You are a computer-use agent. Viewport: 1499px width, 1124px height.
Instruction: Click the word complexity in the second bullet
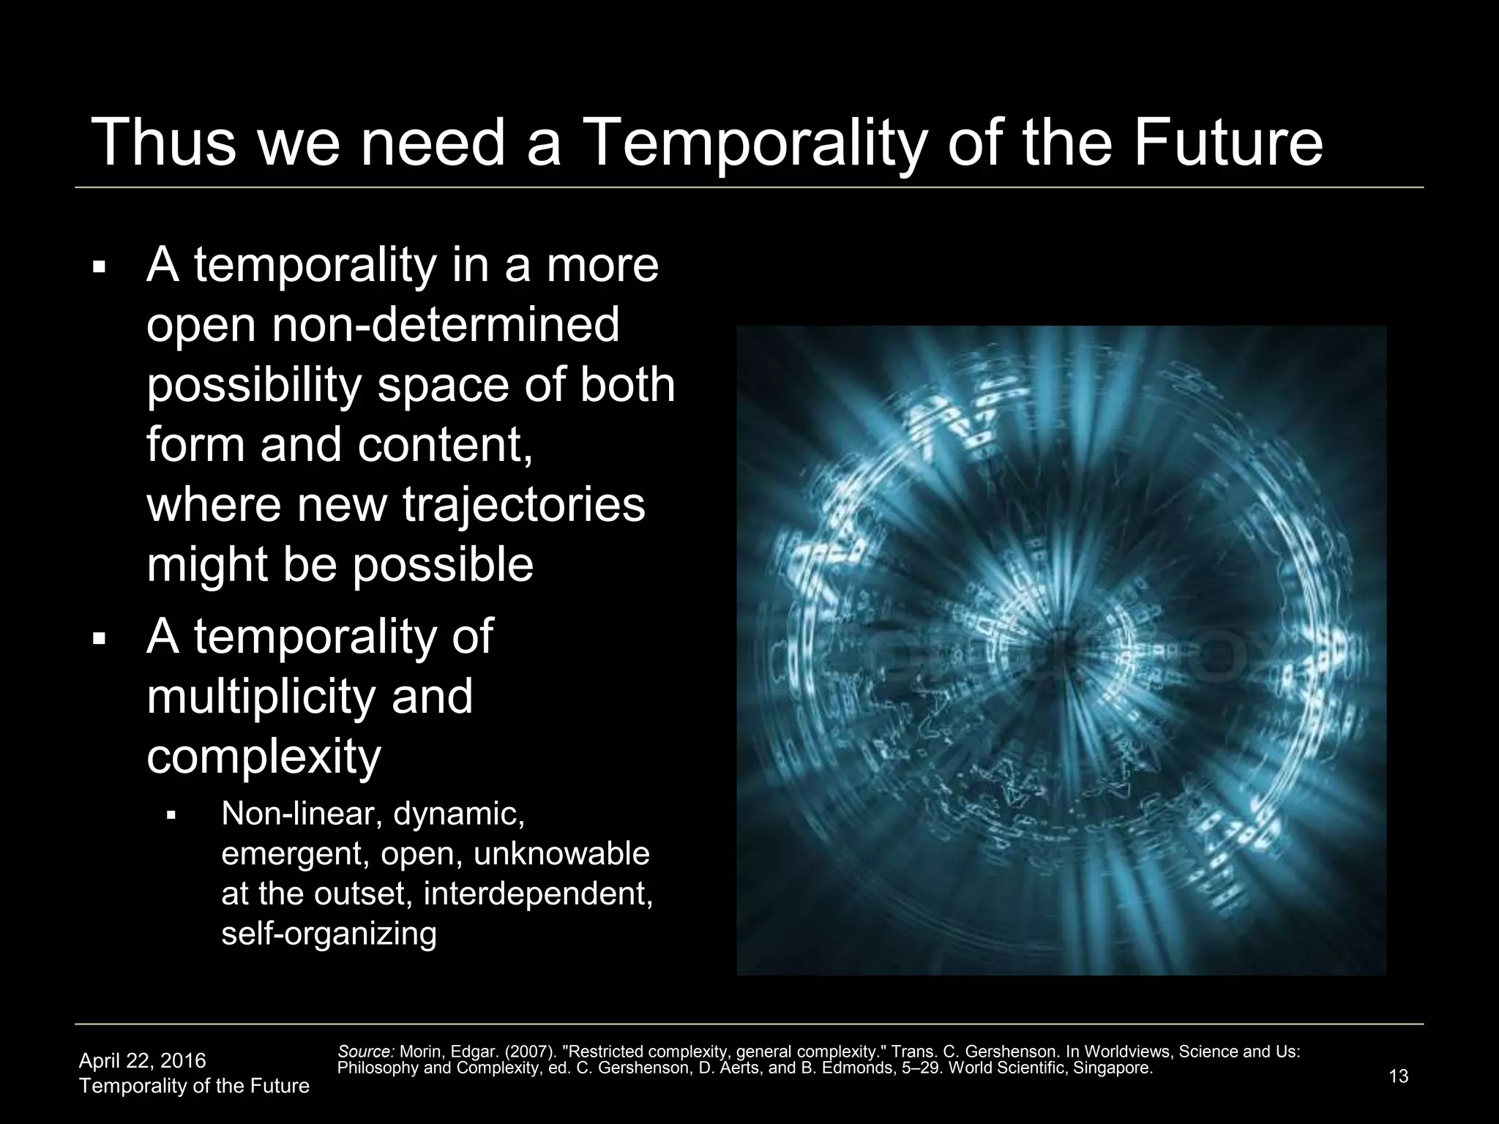263,757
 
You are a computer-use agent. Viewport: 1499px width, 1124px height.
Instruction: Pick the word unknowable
562,854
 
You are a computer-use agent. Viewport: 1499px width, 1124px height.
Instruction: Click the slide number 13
1398,1076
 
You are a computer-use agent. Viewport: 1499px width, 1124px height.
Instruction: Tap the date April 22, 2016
142,1060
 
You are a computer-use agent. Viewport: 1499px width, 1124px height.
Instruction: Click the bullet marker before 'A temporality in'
100,267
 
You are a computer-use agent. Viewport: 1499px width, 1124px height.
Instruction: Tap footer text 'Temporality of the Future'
194,1086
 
